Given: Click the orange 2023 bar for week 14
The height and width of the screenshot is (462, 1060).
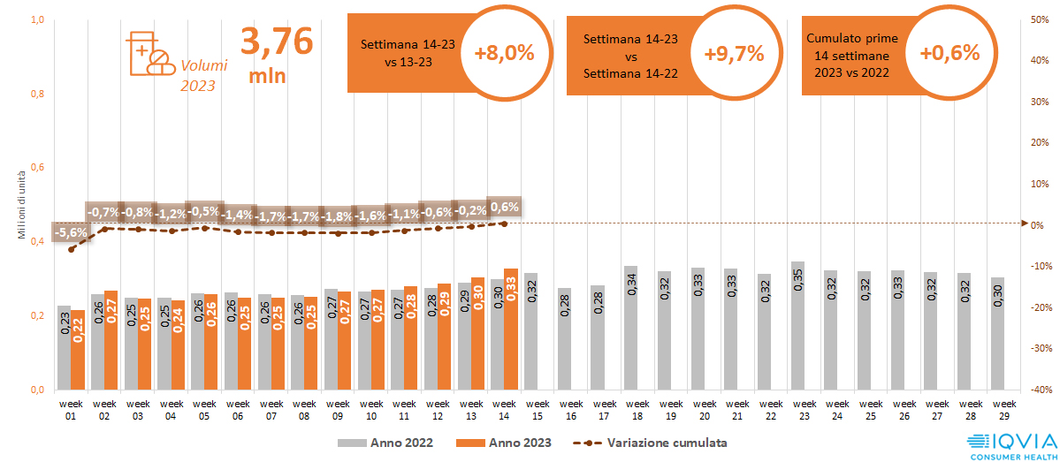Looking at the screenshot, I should point(511,329).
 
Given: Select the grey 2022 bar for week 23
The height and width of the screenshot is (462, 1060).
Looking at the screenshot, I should point(797,325).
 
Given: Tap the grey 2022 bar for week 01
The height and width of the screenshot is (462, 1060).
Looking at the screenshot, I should point(64,347).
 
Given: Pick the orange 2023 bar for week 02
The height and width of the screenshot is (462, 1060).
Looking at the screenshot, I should point(111,339).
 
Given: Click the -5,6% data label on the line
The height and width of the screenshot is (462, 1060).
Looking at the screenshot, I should point(71,233).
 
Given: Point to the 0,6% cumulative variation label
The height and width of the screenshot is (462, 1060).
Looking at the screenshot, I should point(504,207).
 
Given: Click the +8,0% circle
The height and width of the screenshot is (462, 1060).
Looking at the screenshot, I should point(504,53).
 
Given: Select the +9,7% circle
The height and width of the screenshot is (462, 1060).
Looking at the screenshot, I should point(733,53).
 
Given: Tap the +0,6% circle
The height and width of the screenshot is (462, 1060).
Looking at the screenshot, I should point(949,53).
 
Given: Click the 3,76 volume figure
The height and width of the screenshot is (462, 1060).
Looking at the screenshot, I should point(276,42).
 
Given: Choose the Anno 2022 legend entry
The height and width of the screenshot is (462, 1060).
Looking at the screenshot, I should point(385,442).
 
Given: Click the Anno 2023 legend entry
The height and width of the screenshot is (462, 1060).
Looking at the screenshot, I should point(503,442).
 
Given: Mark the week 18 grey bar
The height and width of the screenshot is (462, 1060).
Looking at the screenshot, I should point(630,327).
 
